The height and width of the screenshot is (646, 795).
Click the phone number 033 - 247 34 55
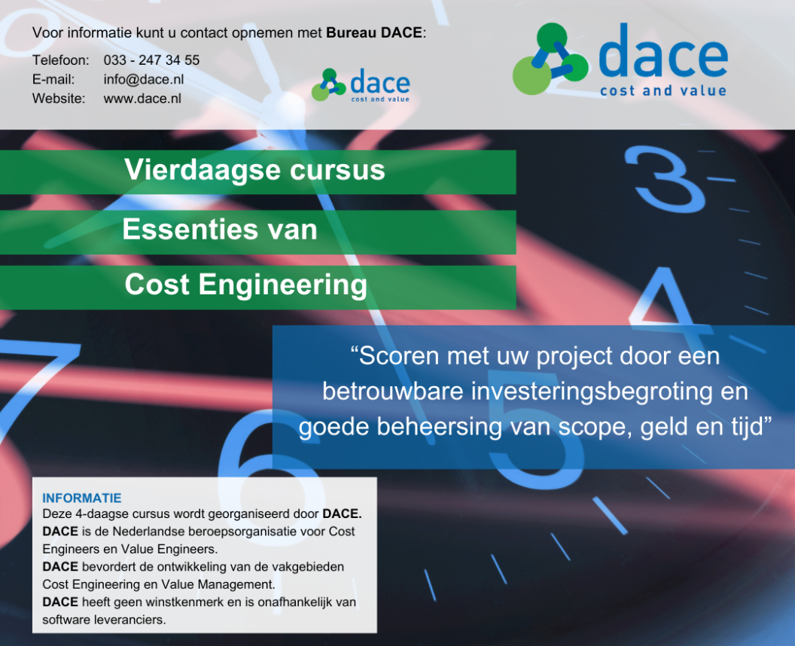151,59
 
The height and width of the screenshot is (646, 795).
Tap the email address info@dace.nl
144,79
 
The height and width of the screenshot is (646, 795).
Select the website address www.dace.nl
142,99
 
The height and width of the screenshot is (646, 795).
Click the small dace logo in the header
361,85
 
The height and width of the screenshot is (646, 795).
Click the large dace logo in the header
620,59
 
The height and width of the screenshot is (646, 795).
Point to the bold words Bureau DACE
374,32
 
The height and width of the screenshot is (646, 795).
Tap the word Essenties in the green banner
190,229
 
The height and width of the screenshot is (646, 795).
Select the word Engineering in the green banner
283,285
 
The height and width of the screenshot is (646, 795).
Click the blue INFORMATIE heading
82,498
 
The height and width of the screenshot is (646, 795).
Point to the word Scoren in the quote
400,355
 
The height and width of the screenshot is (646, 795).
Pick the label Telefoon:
61,59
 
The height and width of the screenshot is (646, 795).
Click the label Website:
59,99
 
